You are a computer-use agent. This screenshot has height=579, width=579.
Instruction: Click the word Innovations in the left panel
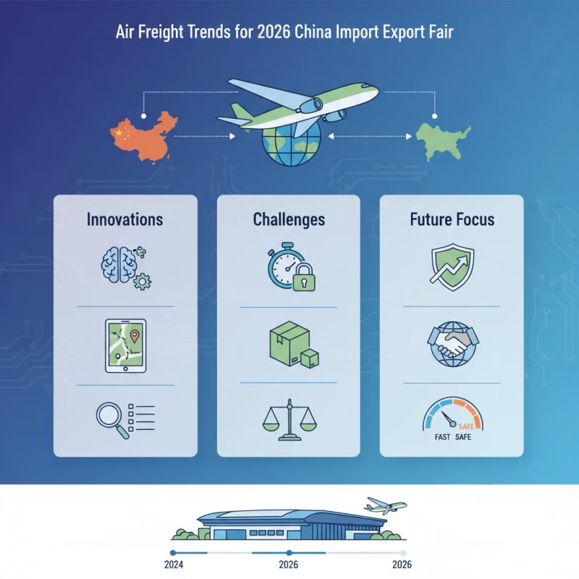(x=124, y=219)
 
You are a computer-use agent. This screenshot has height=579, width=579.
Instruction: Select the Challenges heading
(x=289, y=219)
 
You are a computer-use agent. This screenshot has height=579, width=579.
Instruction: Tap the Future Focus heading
(x=452, y=219)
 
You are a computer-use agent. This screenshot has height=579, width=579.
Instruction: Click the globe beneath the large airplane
(x=291, y=141)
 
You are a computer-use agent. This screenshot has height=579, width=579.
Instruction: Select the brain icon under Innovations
(x=118, y=265)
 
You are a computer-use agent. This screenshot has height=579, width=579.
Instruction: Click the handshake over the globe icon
(x=452, y=345)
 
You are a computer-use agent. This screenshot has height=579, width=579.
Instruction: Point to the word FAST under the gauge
(x=434, y=436)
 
